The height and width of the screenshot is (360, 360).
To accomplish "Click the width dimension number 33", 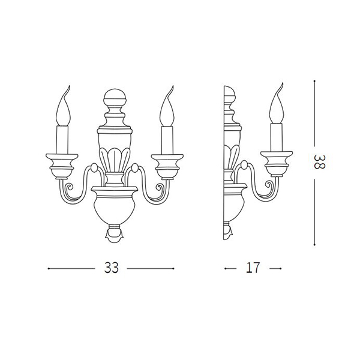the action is click(112, 268).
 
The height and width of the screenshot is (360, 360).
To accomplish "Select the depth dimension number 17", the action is click(253, 268).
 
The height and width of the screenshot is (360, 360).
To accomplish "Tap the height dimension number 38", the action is click(319, 162).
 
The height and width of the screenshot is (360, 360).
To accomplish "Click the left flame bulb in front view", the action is click(64, 106).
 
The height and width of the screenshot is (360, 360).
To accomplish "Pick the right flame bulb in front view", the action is click(167, 106).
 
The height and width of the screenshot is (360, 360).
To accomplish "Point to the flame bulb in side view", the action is click(277, 103).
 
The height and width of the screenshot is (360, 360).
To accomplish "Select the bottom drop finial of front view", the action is click(115, 233).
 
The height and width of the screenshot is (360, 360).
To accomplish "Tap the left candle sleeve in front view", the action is click(62, 140).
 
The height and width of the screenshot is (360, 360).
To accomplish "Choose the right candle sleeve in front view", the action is click(167, 140).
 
